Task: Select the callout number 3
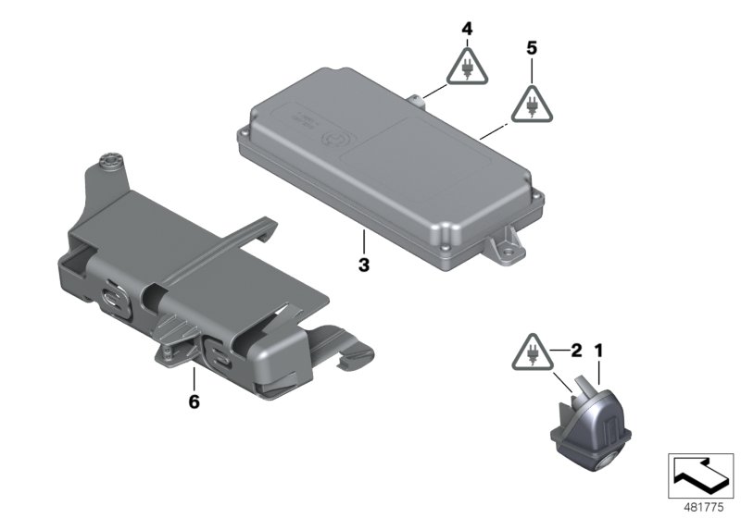(364, 265)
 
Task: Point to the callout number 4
(467, 30)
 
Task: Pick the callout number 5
(531, 46)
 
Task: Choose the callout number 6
(193, 401)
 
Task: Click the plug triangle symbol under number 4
(467, 67)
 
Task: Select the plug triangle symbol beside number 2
(534, 352)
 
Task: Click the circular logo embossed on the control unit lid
(328, 140)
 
